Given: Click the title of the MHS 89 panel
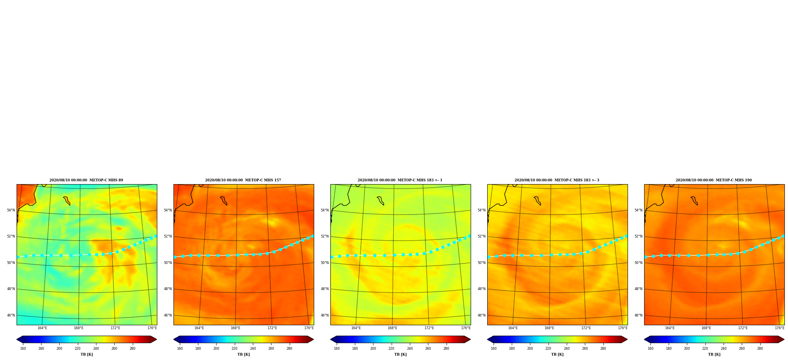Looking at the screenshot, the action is click(x=86, y=180).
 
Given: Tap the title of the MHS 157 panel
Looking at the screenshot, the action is click(x=243, y=180).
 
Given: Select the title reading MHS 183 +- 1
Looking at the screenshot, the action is click(x=400, y=180).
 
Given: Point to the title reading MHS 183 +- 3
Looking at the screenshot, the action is click(x=557, y=180).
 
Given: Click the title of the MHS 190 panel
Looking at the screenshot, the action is click(x=714, y=180).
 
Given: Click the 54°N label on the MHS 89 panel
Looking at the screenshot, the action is click(x=11, y=210).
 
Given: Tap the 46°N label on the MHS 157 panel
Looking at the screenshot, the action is click(x=168, y=315).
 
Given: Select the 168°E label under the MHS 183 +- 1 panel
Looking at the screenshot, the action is click(x=392, y=328).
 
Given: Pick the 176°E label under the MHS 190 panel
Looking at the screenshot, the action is click(x=780, y=328).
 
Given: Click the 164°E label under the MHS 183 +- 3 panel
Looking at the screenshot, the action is click(x=513, y=328).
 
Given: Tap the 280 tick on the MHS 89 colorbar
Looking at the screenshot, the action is click(x=132, y=349).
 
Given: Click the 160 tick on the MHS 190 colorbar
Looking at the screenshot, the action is click(x=650, y=349).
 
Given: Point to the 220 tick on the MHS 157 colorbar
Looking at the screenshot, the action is click(x=234, y=349).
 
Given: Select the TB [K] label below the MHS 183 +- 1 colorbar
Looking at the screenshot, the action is click(x=400, y=354).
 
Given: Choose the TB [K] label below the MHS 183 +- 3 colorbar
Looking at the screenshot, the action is click(x=557, y=354).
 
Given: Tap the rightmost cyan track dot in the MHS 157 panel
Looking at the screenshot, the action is click(x=313, y=236).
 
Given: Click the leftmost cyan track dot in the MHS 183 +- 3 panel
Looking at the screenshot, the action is click(x=489, y=257).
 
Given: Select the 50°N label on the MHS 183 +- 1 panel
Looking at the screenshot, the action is click(x=325, y=263).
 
